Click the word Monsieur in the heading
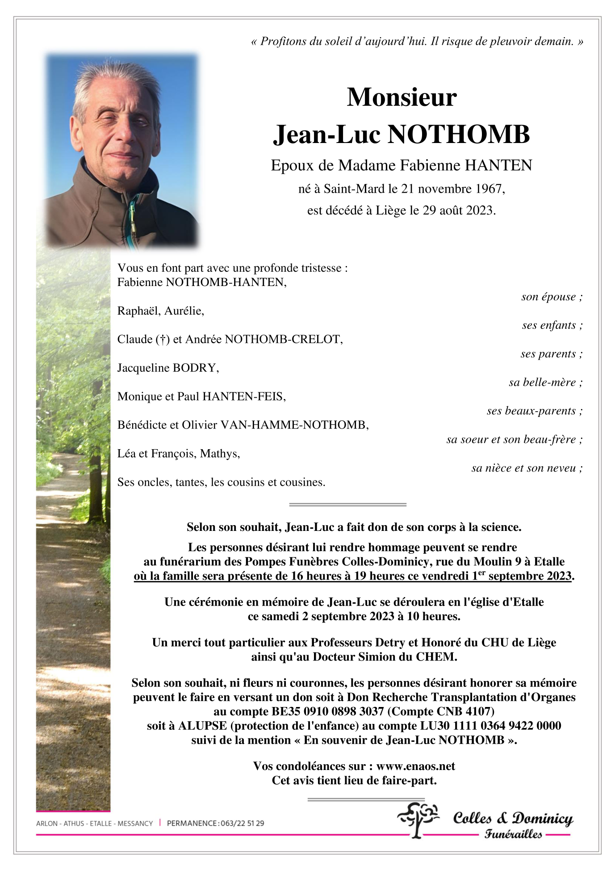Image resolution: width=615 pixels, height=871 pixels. pyautogui.click(x=402, y=97)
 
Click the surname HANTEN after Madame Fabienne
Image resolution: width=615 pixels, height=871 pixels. pyautogui.click(x=498, y=166)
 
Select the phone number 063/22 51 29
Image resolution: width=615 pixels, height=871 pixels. pyautogui.click(x=242, y=823)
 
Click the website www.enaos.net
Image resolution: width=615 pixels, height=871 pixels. pyautogui.click(x=415, y=766)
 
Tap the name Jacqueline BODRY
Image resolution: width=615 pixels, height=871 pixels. pyautogui.click(x=168, y=368)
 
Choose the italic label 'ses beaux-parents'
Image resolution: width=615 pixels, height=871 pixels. pyautogui.click(x=531, y=411)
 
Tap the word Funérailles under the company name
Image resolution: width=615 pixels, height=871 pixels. pyautogui.click(x=513, y=834)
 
